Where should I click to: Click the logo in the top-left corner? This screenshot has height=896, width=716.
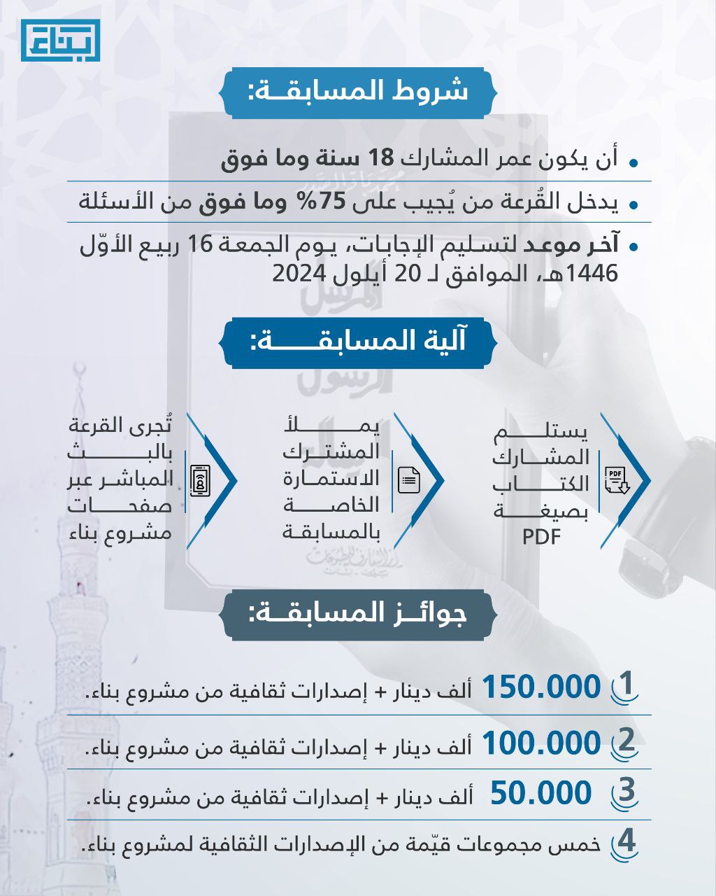click(60, 40)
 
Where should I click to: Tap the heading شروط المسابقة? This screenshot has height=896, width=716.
click(358, 92)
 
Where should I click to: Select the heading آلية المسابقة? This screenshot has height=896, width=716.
click(358, 342)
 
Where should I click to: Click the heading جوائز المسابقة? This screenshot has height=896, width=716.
click(358, 614)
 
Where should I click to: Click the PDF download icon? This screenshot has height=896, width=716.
click(616, 480)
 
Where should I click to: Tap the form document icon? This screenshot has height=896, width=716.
click(409, 480)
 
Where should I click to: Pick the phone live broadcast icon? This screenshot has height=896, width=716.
click(201, 480)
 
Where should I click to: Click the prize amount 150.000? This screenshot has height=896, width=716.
click(541, 687)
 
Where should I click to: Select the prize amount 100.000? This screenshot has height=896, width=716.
click(541, 743)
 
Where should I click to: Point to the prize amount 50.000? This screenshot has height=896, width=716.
click(541, 794)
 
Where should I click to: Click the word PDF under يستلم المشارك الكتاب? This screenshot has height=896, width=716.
click(541, 538)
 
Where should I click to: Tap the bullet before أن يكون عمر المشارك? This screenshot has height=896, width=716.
click(633, 162)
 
